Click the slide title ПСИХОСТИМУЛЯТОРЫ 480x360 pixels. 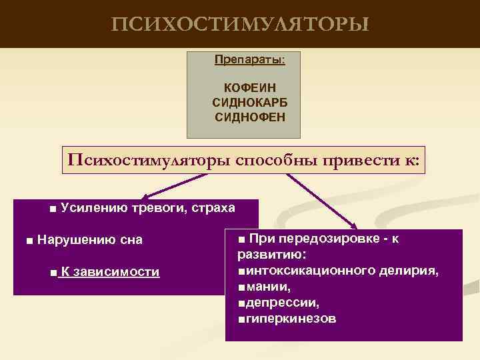239,25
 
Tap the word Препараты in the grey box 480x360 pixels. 248,59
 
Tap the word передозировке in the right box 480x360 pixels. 325,239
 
